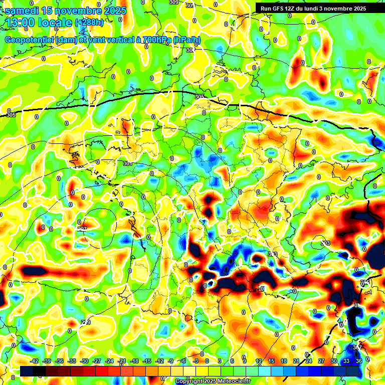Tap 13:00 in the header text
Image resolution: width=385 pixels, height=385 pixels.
pyautogui.click(x=22, y=23)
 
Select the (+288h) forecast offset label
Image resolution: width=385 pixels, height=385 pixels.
pyautogui.click(x=89, y=23)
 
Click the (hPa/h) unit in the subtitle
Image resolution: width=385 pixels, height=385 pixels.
pyautogui.click(x=186, y=40)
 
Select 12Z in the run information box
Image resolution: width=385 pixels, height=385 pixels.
pyautogui.click(x=294, y=9)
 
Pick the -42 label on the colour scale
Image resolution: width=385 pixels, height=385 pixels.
pyautogui.click(x=35, y=361)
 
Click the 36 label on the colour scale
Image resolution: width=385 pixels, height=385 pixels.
pyautogui.click(x=359, y=361)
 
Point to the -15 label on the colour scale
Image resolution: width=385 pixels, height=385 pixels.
pyautogui.click(x=147, y=361)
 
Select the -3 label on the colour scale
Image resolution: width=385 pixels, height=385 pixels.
pyautogui.click(x=196, y=361)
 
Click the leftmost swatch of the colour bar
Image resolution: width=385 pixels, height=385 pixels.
pyautogui.click(x=26, y=371)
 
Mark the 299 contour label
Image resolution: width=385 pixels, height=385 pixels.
pyautogui.click(x=86, y=322)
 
